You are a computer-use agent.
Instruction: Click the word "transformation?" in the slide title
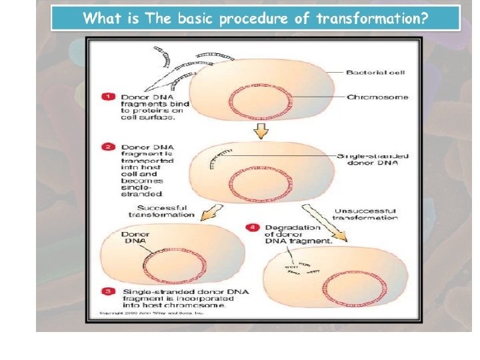(x=371, y=19)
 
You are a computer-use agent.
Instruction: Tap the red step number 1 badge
(x=107, y=97)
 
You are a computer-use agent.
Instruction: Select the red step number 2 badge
(x=107, y=146)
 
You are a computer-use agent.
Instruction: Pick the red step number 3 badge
(x=107, y=291)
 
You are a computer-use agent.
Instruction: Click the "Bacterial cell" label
(x=375, y=72)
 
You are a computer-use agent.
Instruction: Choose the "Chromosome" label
(x=377, y=97)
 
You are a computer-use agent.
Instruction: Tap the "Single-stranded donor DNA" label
(x=373, y=160)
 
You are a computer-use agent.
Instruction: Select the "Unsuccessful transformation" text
(x=365, y=214)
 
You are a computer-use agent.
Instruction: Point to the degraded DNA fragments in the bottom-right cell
(x=299, y=268)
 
